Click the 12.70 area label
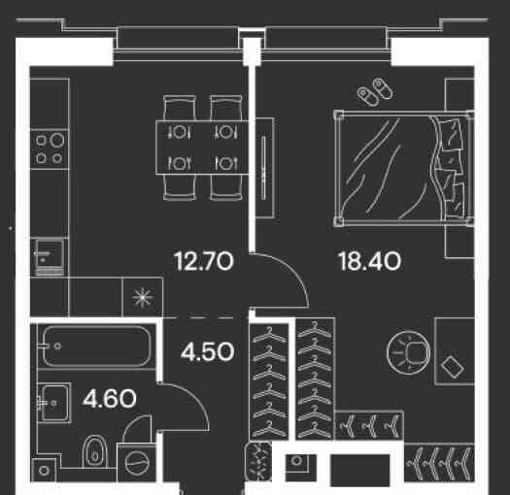204,261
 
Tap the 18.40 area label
370,261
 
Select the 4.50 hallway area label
208,351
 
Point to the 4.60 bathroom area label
110,399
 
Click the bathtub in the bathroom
96,346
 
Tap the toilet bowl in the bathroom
94,451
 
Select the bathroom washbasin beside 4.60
54,403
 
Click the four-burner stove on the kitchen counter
50,148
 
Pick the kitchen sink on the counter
48,257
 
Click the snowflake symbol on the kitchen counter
143,297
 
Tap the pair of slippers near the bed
375,92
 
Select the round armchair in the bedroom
409,352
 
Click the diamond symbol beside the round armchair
453,367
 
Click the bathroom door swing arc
194,397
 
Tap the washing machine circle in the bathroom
137,463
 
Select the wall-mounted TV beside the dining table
263,168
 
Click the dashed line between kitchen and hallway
204,317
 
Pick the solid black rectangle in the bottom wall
360,470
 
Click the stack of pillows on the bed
452,168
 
